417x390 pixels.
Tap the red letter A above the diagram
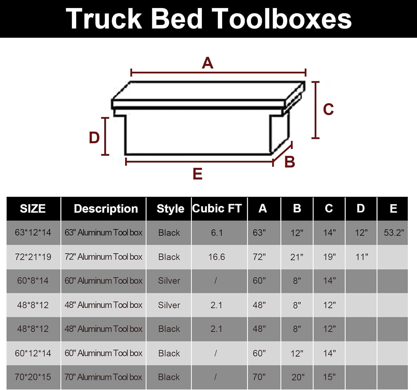(x=207, y=63)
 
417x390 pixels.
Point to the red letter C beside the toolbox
(x=328, y=109)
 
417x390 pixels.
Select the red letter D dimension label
(x=94, y=138)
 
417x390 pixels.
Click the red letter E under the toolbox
(x=198, y=174)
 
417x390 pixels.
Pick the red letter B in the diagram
(x=290, y=162)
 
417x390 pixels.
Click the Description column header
(x=106, y=208)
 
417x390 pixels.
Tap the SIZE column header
(x=33, y=208)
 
